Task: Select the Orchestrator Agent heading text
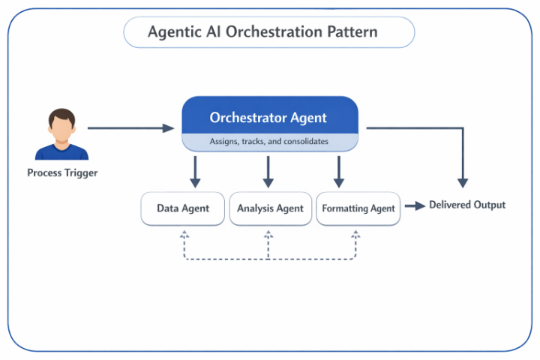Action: coord(268,118)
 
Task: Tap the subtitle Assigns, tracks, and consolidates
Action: coord(268,141)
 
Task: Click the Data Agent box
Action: coord(183,208)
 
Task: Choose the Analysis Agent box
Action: coord(270,208)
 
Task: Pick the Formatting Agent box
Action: coord(358,208)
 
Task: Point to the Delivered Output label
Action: coord(467,205)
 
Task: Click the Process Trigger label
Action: coord(62,173)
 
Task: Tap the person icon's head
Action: coord(62,124)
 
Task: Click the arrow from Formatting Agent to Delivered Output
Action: coord(415,205)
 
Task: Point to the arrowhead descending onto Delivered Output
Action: coord(463,182)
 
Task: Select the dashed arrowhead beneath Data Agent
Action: coord(184,234)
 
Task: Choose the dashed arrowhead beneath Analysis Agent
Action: coord(268,234)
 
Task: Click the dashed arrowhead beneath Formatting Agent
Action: coord(355,234)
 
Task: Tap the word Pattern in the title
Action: coord(352,32)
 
